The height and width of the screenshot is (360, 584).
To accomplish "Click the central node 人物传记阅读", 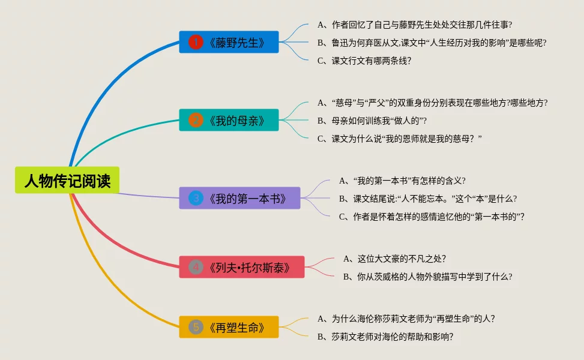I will pos(67,181).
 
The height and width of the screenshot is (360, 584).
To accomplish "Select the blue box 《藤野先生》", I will pos(229,42).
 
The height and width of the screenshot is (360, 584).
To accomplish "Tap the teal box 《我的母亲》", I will pos(229,120).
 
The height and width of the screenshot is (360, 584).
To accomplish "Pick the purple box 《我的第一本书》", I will pos(239,198).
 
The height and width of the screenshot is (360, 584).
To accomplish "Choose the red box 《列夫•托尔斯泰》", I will pos(241,267).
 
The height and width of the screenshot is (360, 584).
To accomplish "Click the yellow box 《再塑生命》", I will pos(229,327).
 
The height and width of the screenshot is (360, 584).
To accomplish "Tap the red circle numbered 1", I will pos(196,42).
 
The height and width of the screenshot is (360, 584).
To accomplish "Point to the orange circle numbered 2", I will pos(196,120).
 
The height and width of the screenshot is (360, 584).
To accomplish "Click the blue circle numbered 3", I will pos(196,198).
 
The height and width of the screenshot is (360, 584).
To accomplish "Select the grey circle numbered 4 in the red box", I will pos(196,267).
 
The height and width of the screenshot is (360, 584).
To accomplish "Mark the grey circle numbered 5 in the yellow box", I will pos(196,327).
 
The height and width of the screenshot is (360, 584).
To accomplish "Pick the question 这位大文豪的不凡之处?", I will pos(402,259).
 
